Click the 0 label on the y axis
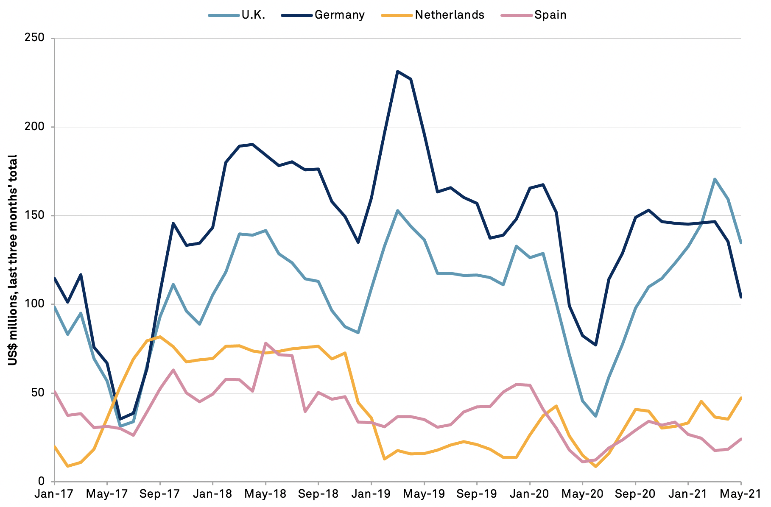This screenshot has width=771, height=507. click(41, 481)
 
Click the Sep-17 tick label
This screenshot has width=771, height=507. click(160, 494)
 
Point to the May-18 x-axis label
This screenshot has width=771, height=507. click(265, 494)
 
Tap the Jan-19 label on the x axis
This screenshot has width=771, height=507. click(371, 494)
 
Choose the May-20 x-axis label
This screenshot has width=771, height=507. click(582, 494)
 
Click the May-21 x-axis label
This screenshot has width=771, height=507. click(740, 494)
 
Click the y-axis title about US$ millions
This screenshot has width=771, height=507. click(13, 259)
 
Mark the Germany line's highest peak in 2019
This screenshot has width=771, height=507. click(397, 71)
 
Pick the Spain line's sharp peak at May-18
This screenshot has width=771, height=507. click(265, 343)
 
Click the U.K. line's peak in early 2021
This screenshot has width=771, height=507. click(715, 179)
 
